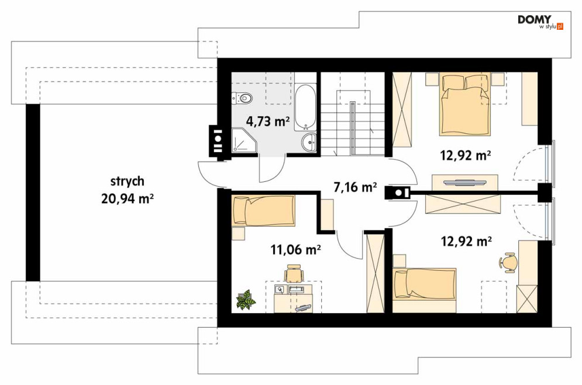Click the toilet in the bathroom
pyautogui.click(x=242, y=98)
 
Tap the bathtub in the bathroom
pyautogui.click(x=305, y=107)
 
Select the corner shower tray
pyautogui.click(x=244, y=140)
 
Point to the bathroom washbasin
pyautogui.click(x=308, y=143)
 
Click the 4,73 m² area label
pyautogui.click(x=268, y=121)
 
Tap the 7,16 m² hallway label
pyautogui.click(x=355, y=187)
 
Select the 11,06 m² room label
pyautogui.click(x=296, y=249)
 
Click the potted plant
pyautogui.click(x=246, y=300)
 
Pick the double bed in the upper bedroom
pyautogui.click(x=466, y=105)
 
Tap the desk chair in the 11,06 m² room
pyautogui.click(x=294, y=273)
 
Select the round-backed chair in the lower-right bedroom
pyautogui.click(x=508, y=262)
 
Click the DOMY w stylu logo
pyautogui.click(x=540, y=22)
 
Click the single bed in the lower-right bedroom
pyautogui.click(x=424, y=284)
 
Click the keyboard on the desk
pyautogui.click(x=303, y=307)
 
